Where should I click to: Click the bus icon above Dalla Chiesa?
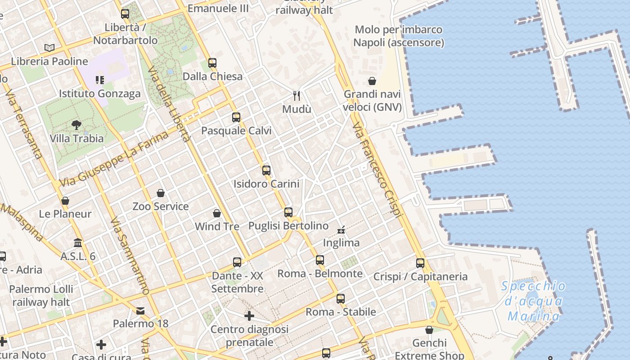click(212, 63)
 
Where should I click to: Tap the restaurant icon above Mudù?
click(297, 95)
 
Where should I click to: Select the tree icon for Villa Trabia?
click(76, 125)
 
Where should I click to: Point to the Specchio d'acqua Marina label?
click(534, 301)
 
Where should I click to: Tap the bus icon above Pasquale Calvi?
click(236, 117)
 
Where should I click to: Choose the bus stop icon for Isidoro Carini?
click(266, 171)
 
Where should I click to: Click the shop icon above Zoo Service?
click(161, 193)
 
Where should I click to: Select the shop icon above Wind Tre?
click(217, 213)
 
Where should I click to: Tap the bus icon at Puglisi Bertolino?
click(288, 212)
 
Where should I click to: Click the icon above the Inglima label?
click(342, 230)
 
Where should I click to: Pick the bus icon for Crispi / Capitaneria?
click(420, 263)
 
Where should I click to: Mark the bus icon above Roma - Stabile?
click(341, 298)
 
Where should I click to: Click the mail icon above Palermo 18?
click(140, 310)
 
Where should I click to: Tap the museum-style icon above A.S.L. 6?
click(78, 243)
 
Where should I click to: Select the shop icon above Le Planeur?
click(65, 200)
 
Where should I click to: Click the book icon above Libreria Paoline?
click(49, 48)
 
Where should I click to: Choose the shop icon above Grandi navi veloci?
click(372, 81)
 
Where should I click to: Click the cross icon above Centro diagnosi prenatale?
click(249, 316)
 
